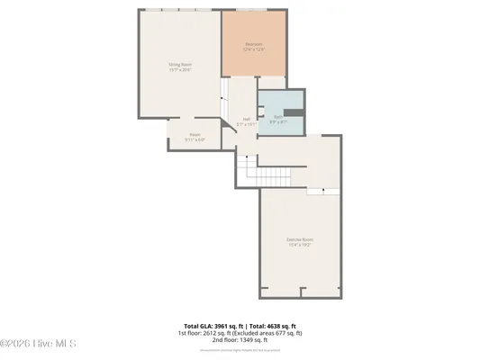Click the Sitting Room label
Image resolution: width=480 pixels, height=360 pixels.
180,64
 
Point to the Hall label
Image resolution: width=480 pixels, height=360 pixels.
246,119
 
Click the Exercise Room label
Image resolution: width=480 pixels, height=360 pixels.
300,238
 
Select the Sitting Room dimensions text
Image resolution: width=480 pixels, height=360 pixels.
180,69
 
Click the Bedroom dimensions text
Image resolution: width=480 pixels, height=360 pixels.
254,49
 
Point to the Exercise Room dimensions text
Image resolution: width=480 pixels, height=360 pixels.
300,244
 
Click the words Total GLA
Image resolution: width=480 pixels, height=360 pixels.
200,326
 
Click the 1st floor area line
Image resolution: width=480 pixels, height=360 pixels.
240,333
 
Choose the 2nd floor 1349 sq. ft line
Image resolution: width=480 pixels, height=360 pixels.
240,340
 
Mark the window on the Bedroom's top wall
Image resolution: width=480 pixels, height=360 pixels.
251,10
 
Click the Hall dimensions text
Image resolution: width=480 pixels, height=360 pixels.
246,124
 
